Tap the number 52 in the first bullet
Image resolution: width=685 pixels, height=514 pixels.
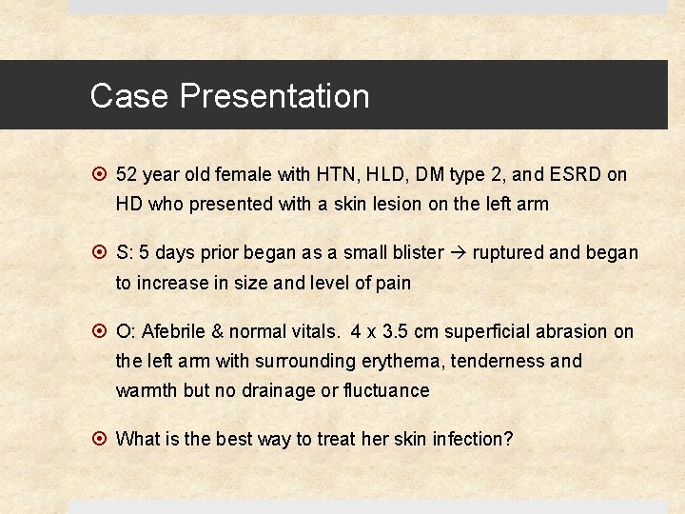coord(127,175)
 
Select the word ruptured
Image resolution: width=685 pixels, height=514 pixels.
coord(509,253)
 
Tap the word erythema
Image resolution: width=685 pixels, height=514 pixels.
coord(403,361)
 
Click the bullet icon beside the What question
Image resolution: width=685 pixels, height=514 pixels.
coord(100,439)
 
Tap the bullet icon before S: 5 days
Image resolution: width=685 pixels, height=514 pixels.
coord(100,253)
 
